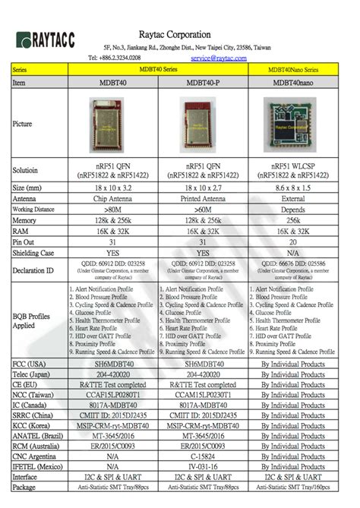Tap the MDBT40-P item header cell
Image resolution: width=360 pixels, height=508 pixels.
(x=204, y=82)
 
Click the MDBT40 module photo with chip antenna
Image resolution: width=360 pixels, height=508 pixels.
(x=112, y=121)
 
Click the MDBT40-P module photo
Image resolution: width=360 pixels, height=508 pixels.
(x=204, y=121)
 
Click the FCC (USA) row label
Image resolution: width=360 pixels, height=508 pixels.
(x=30, y=364)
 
